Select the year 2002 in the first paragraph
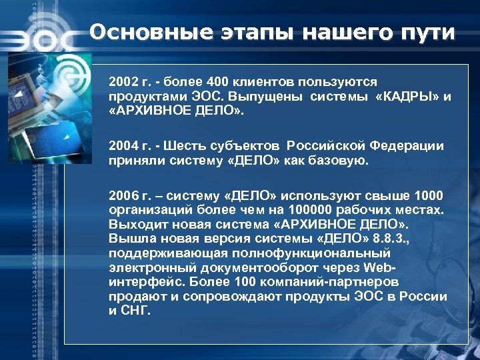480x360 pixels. click(123, 82)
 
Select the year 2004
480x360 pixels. click(123, 145)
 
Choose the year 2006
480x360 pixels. click(123, 195)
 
